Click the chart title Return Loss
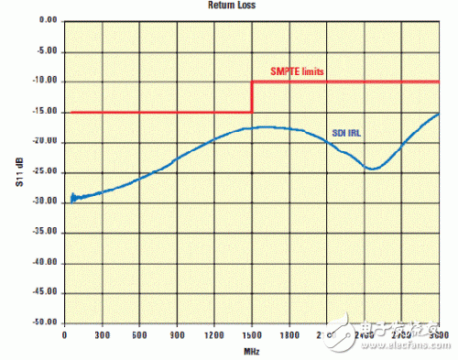[x=230, y=5]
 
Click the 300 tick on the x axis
[x=102, y=335]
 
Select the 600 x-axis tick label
[x=139, y=335]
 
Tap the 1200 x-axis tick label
[x=214, y=335]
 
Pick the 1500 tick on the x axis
[x=252, y=335]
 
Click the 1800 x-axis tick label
[x=289, y=335]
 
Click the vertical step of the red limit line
[x=252, y=97]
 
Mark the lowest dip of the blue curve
[x=372, y=169]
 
